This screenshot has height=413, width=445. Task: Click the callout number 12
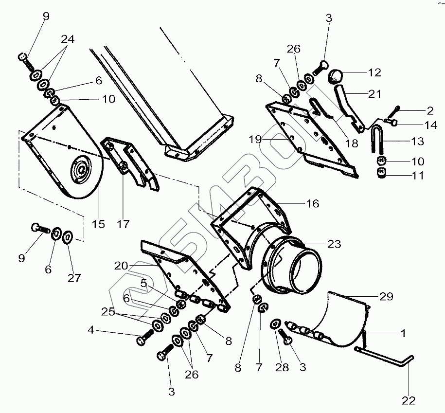click(x=374, y=73)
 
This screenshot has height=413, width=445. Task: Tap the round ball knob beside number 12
click(x=335, y=76)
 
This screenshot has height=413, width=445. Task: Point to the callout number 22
click(x=409, y=400)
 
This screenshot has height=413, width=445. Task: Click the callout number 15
click(x=99, y=224)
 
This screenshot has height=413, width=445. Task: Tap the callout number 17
click(x=123, y=224)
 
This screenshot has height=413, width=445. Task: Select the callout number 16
click(x=312, y=203)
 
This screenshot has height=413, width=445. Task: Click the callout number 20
click(x=122, y=266)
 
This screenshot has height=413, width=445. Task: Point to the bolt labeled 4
click(x=144, y=338)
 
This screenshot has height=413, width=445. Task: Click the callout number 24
click(x=68, y=40)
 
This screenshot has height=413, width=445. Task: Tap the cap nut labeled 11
click(x=381, y=173)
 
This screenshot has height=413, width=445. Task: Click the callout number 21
click(x=374, y=94)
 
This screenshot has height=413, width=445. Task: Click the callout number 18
click(x=351, y=144)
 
